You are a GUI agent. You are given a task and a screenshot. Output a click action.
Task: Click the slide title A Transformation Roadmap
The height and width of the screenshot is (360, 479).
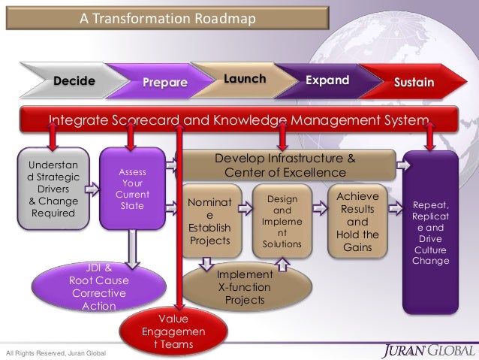pyautogui.click(x=168, y=17)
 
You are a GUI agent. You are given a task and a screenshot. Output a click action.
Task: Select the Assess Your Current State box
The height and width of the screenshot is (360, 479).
pyautogui.click(x=132, y=188)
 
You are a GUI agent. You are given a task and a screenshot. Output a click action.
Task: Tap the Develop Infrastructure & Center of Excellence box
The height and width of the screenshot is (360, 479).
pyautogui.click(x=285, y=166)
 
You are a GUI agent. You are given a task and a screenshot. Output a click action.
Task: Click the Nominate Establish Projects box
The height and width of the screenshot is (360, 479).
pyautogui.click(x=209, y=221)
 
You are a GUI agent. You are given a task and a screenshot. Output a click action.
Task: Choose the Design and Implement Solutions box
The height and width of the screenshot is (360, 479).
pyautogui.click(x=282, y=221)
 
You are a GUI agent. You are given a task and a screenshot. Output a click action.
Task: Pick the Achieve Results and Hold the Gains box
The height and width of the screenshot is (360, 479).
pyautogui.click(x=357, y=221)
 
